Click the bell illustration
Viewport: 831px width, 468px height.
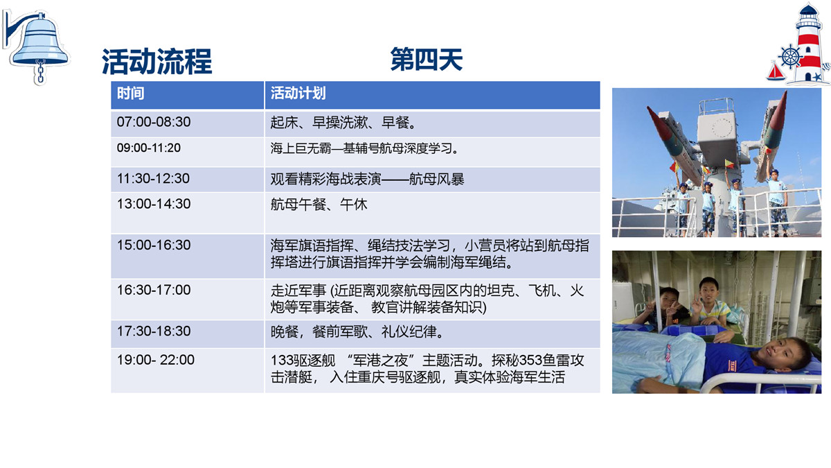(37, 46)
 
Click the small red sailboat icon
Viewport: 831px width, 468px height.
(776, 71)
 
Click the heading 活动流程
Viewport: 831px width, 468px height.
(157, 61)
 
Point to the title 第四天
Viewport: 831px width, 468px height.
(427, 60)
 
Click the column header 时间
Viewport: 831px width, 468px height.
(131, 93)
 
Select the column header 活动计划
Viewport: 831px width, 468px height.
(298, 93)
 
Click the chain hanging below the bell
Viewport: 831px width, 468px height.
(40, 72)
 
